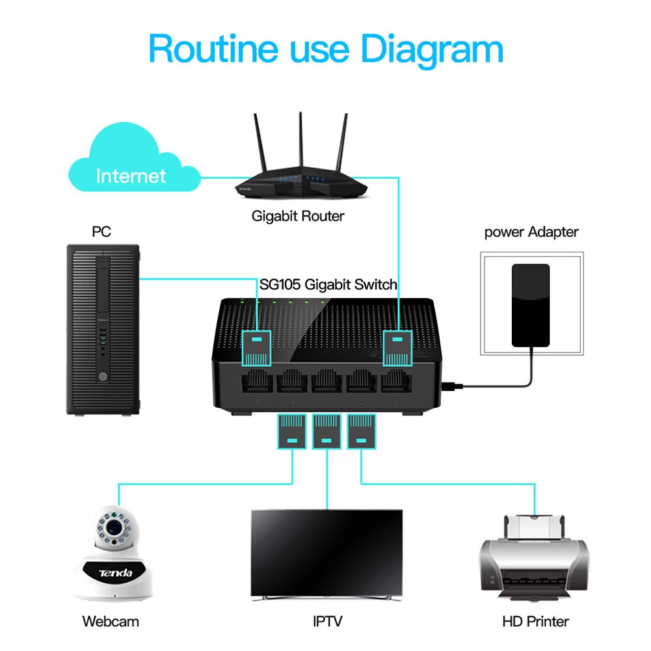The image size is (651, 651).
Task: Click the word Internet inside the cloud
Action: [131, 176]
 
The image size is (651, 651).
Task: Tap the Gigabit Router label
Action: [297, 216]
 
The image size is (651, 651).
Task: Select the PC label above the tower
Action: [102, 232]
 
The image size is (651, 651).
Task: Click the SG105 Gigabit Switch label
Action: [328, 284]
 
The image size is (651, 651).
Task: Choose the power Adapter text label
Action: [531, 232]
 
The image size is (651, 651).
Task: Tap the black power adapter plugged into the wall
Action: [530, 304]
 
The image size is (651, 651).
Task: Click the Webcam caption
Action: [111, 621]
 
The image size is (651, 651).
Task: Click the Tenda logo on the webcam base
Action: [115, 572]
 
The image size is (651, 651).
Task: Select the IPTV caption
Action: [328, 621]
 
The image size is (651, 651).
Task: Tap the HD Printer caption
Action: [535, 621]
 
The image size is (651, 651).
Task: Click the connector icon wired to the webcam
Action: [291, 432]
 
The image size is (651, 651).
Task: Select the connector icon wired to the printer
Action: [362, 432]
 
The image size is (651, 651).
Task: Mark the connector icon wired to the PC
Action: [257, 348]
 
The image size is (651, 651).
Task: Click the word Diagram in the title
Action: [432, 49]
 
